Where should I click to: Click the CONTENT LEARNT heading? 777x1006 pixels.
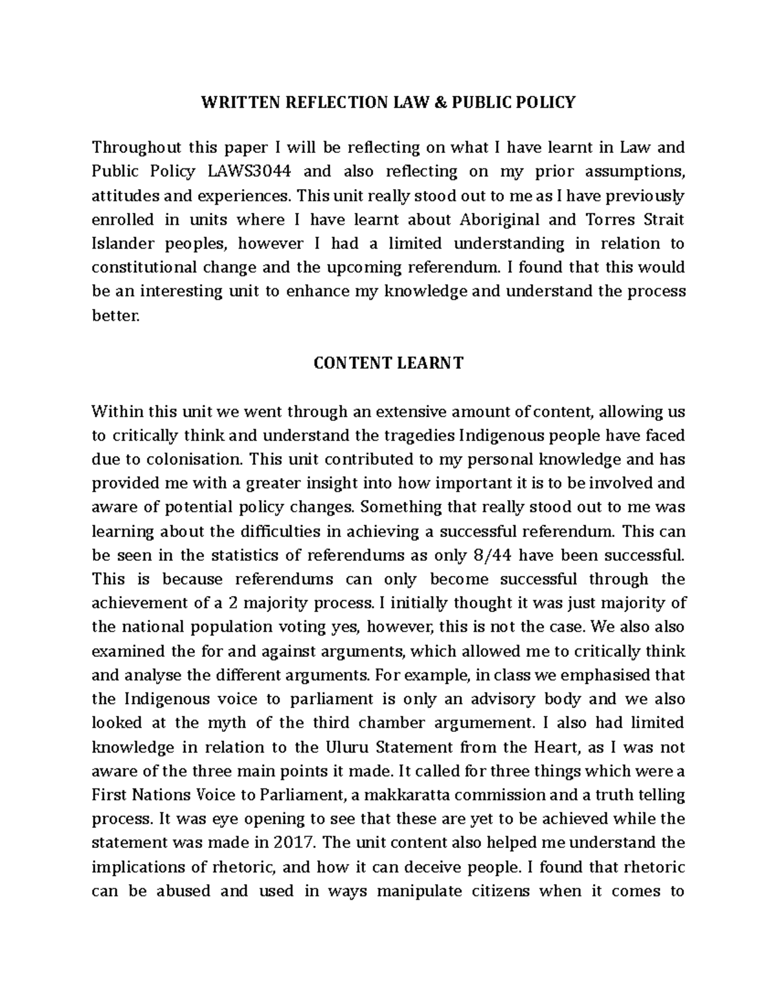click(388, 363)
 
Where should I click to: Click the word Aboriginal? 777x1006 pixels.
click(499, 220)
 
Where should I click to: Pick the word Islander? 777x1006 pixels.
click(123, 244)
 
